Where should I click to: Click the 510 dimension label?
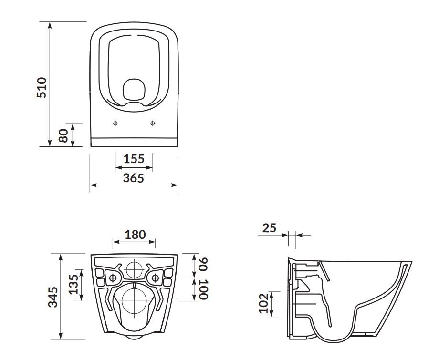coord(42,87)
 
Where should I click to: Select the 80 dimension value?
coord(63,135)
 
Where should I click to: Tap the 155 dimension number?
coord(134,159)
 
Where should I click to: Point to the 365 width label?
coord(134,178)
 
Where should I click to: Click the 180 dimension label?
coord(135,235)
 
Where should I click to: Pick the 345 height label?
coord(53,297)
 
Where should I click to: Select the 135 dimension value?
coord(73,284)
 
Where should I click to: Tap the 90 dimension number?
coord(203,264)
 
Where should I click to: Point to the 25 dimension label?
coord(269,228)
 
